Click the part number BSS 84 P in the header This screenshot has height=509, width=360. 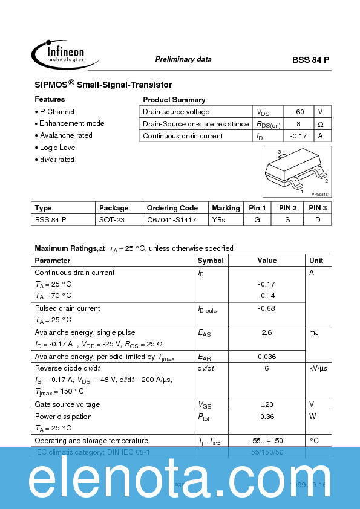pyautogui.click(x=311, y=60)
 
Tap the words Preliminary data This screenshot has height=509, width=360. pyautogui.click(x=183, y=59)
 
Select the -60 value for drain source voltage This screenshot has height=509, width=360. pyautogui.click(x=298, y=112)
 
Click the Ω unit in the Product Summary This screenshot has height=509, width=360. pyautogui.click(x=321, y=124)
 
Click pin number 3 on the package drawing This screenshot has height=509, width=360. pyautogui.click(x=280, y=152)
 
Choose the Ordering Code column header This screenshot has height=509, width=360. pyautogui.click(x=172, y=208)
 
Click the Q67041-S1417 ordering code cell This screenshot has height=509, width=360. pyautogui.click(x=172, y=220)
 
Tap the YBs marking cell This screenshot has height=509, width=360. pyautogui.click(x=218, y=220)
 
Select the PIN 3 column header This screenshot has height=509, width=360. pyautogui.click(x=318, y=208)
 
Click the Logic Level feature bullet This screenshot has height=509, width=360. pyautogui.click(x=58, y=148)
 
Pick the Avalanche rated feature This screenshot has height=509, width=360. pyautogui.click(x=66, y=135)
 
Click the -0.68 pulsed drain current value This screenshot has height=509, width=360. pyautogui.click(x=266, y=308)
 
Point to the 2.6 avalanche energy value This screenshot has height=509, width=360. pyautogui.click(x=267, y=332)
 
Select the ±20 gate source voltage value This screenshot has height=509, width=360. pyautogui.click(x=267, y=404)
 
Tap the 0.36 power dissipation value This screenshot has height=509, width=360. pyautogui.click(x=267, y=417)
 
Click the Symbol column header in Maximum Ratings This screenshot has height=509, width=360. pyautogui.click(x=211, y=261)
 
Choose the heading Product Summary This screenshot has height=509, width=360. pyautogui.click(x=174, y=100)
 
